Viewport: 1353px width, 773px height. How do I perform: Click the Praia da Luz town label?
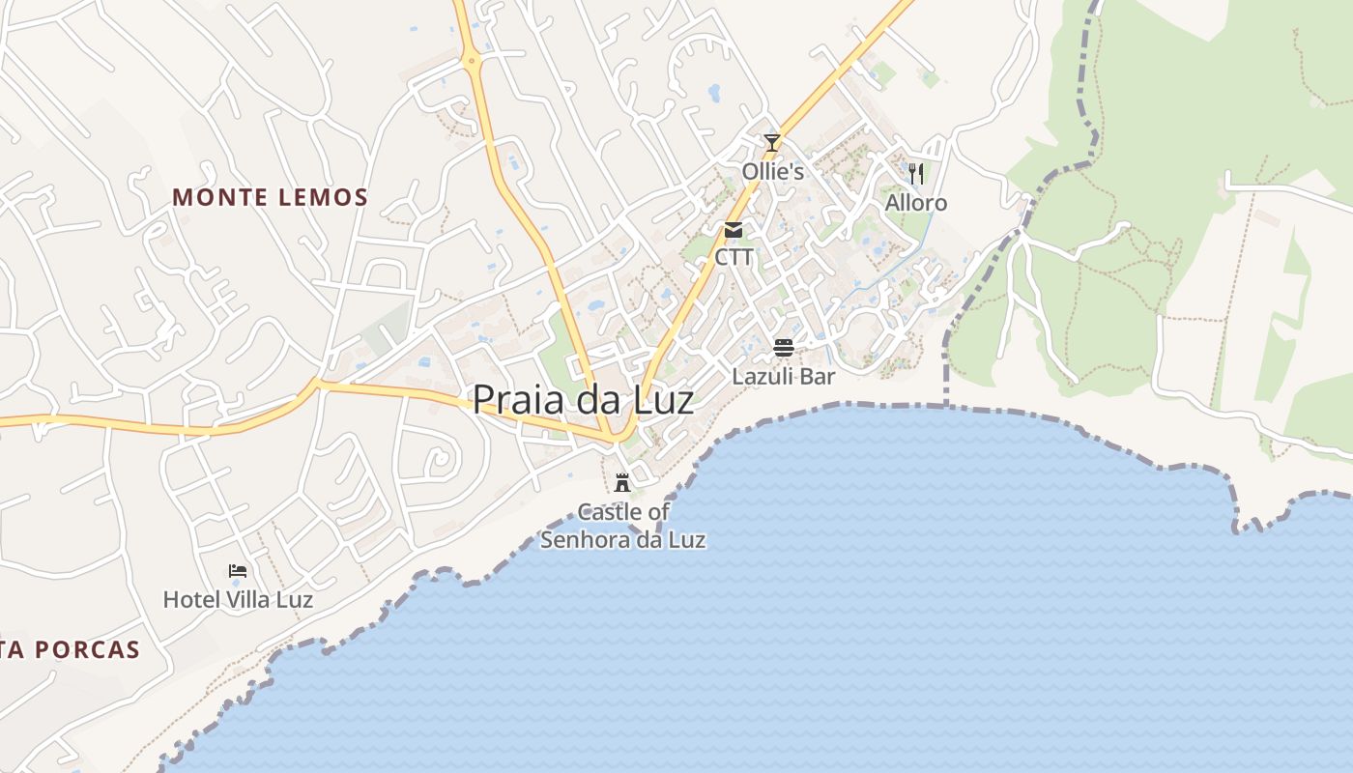583,399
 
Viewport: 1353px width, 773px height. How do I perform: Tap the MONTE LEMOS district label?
271,198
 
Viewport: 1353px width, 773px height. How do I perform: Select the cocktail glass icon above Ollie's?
771,143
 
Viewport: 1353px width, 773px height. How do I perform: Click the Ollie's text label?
773,172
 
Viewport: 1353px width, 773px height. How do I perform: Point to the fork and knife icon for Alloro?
916,174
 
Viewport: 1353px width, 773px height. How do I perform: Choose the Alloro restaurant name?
916,203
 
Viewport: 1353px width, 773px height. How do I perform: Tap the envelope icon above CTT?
734,230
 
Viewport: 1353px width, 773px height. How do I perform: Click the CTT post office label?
734,257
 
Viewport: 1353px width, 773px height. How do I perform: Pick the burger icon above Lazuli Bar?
783,348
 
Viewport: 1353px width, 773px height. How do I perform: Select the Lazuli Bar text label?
783,376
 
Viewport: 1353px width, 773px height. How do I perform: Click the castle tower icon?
622,482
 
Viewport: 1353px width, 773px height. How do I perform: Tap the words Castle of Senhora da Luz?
622,527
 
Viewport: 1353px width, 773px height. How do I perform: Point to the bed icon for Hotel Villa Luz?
238,571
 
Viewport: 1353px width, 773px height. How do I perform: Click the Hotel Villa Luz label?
238,600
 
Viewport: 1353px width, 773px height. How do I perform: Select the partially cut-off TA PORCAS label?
70,650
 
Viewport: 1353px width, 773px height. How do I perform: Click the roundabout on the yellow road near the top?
472,61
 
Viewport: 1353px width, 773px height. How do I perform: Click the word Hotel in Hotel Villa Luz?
190,600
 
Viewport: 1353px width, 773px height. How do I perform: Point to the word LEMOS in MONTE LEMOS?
323,198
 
